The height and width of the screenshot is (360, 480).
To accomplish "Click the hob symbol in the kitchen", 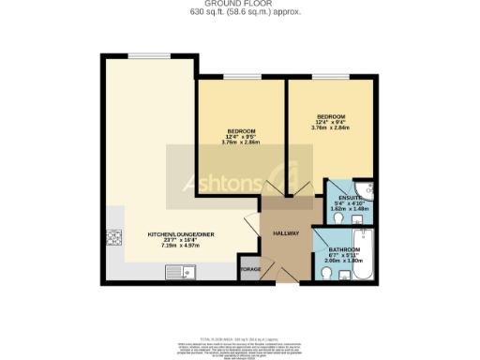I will (x=115, y=236).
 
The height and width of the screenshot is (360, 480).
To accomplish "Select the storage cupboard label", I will (x=250, y=269).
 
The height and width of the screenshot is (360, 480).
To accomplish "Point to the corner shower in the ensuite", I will (x=367, y=188).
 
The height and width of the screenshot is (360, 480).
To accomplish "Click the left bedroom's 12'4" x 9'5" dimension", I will (x=240, y=136).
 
